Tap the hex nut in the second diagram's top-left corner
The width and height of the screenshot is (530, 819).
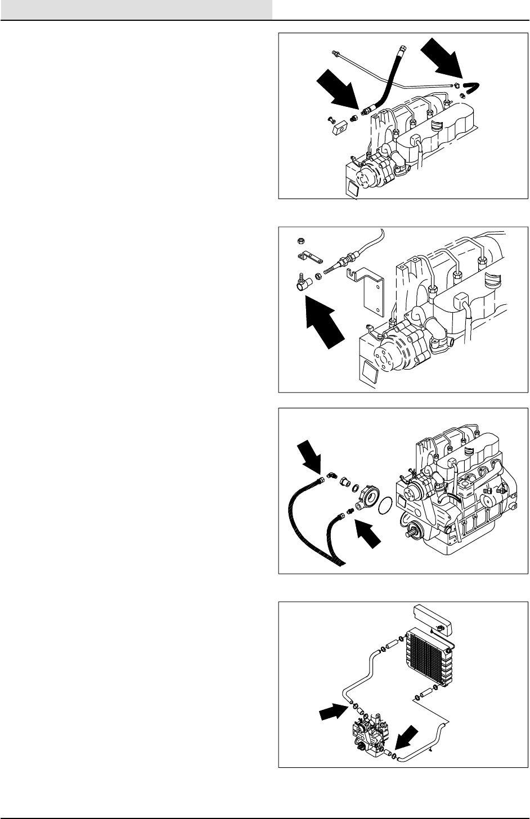(x=300, y=241)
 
